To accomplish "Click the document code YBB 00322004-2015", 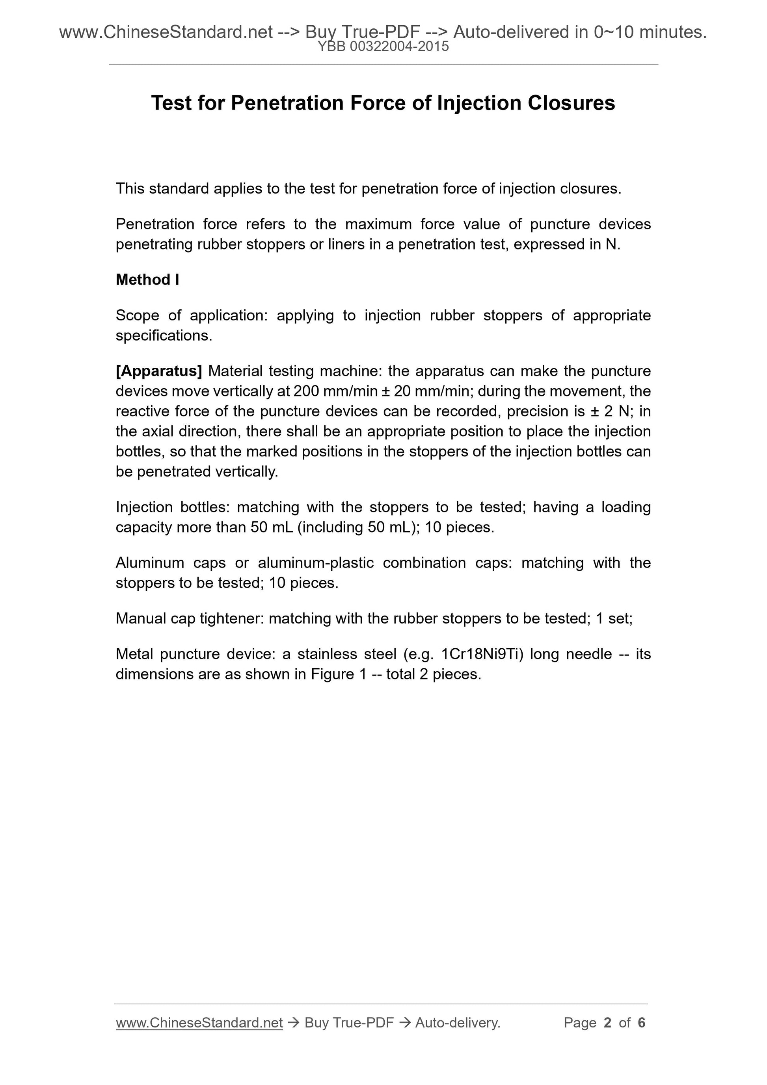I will coord(383,47).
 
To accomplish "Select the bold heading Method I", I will coord(147,280).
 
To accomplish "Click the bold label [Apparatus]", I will coord(159,371).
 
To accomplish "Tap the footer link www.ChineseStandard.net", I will coord(199,1023).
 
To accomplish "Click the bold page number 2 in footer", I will coord(607,1023).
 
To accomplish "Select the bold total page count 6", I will coord(641,1023).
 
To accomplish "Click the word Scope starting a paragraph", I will coord(138,315).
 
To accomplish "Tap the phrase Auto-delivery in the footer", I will coord(458,1023).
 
